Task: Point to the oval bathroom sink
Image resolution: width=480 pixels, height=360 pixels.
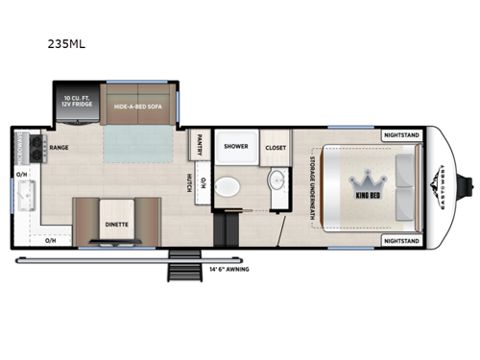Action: [x=276, y=182]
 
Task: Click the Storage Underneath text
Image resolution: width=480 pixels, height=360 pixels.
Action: [x=312, y=185]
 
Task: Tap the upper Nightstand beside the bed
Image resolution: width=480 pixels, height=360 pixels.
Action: [x=401, y=134]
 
